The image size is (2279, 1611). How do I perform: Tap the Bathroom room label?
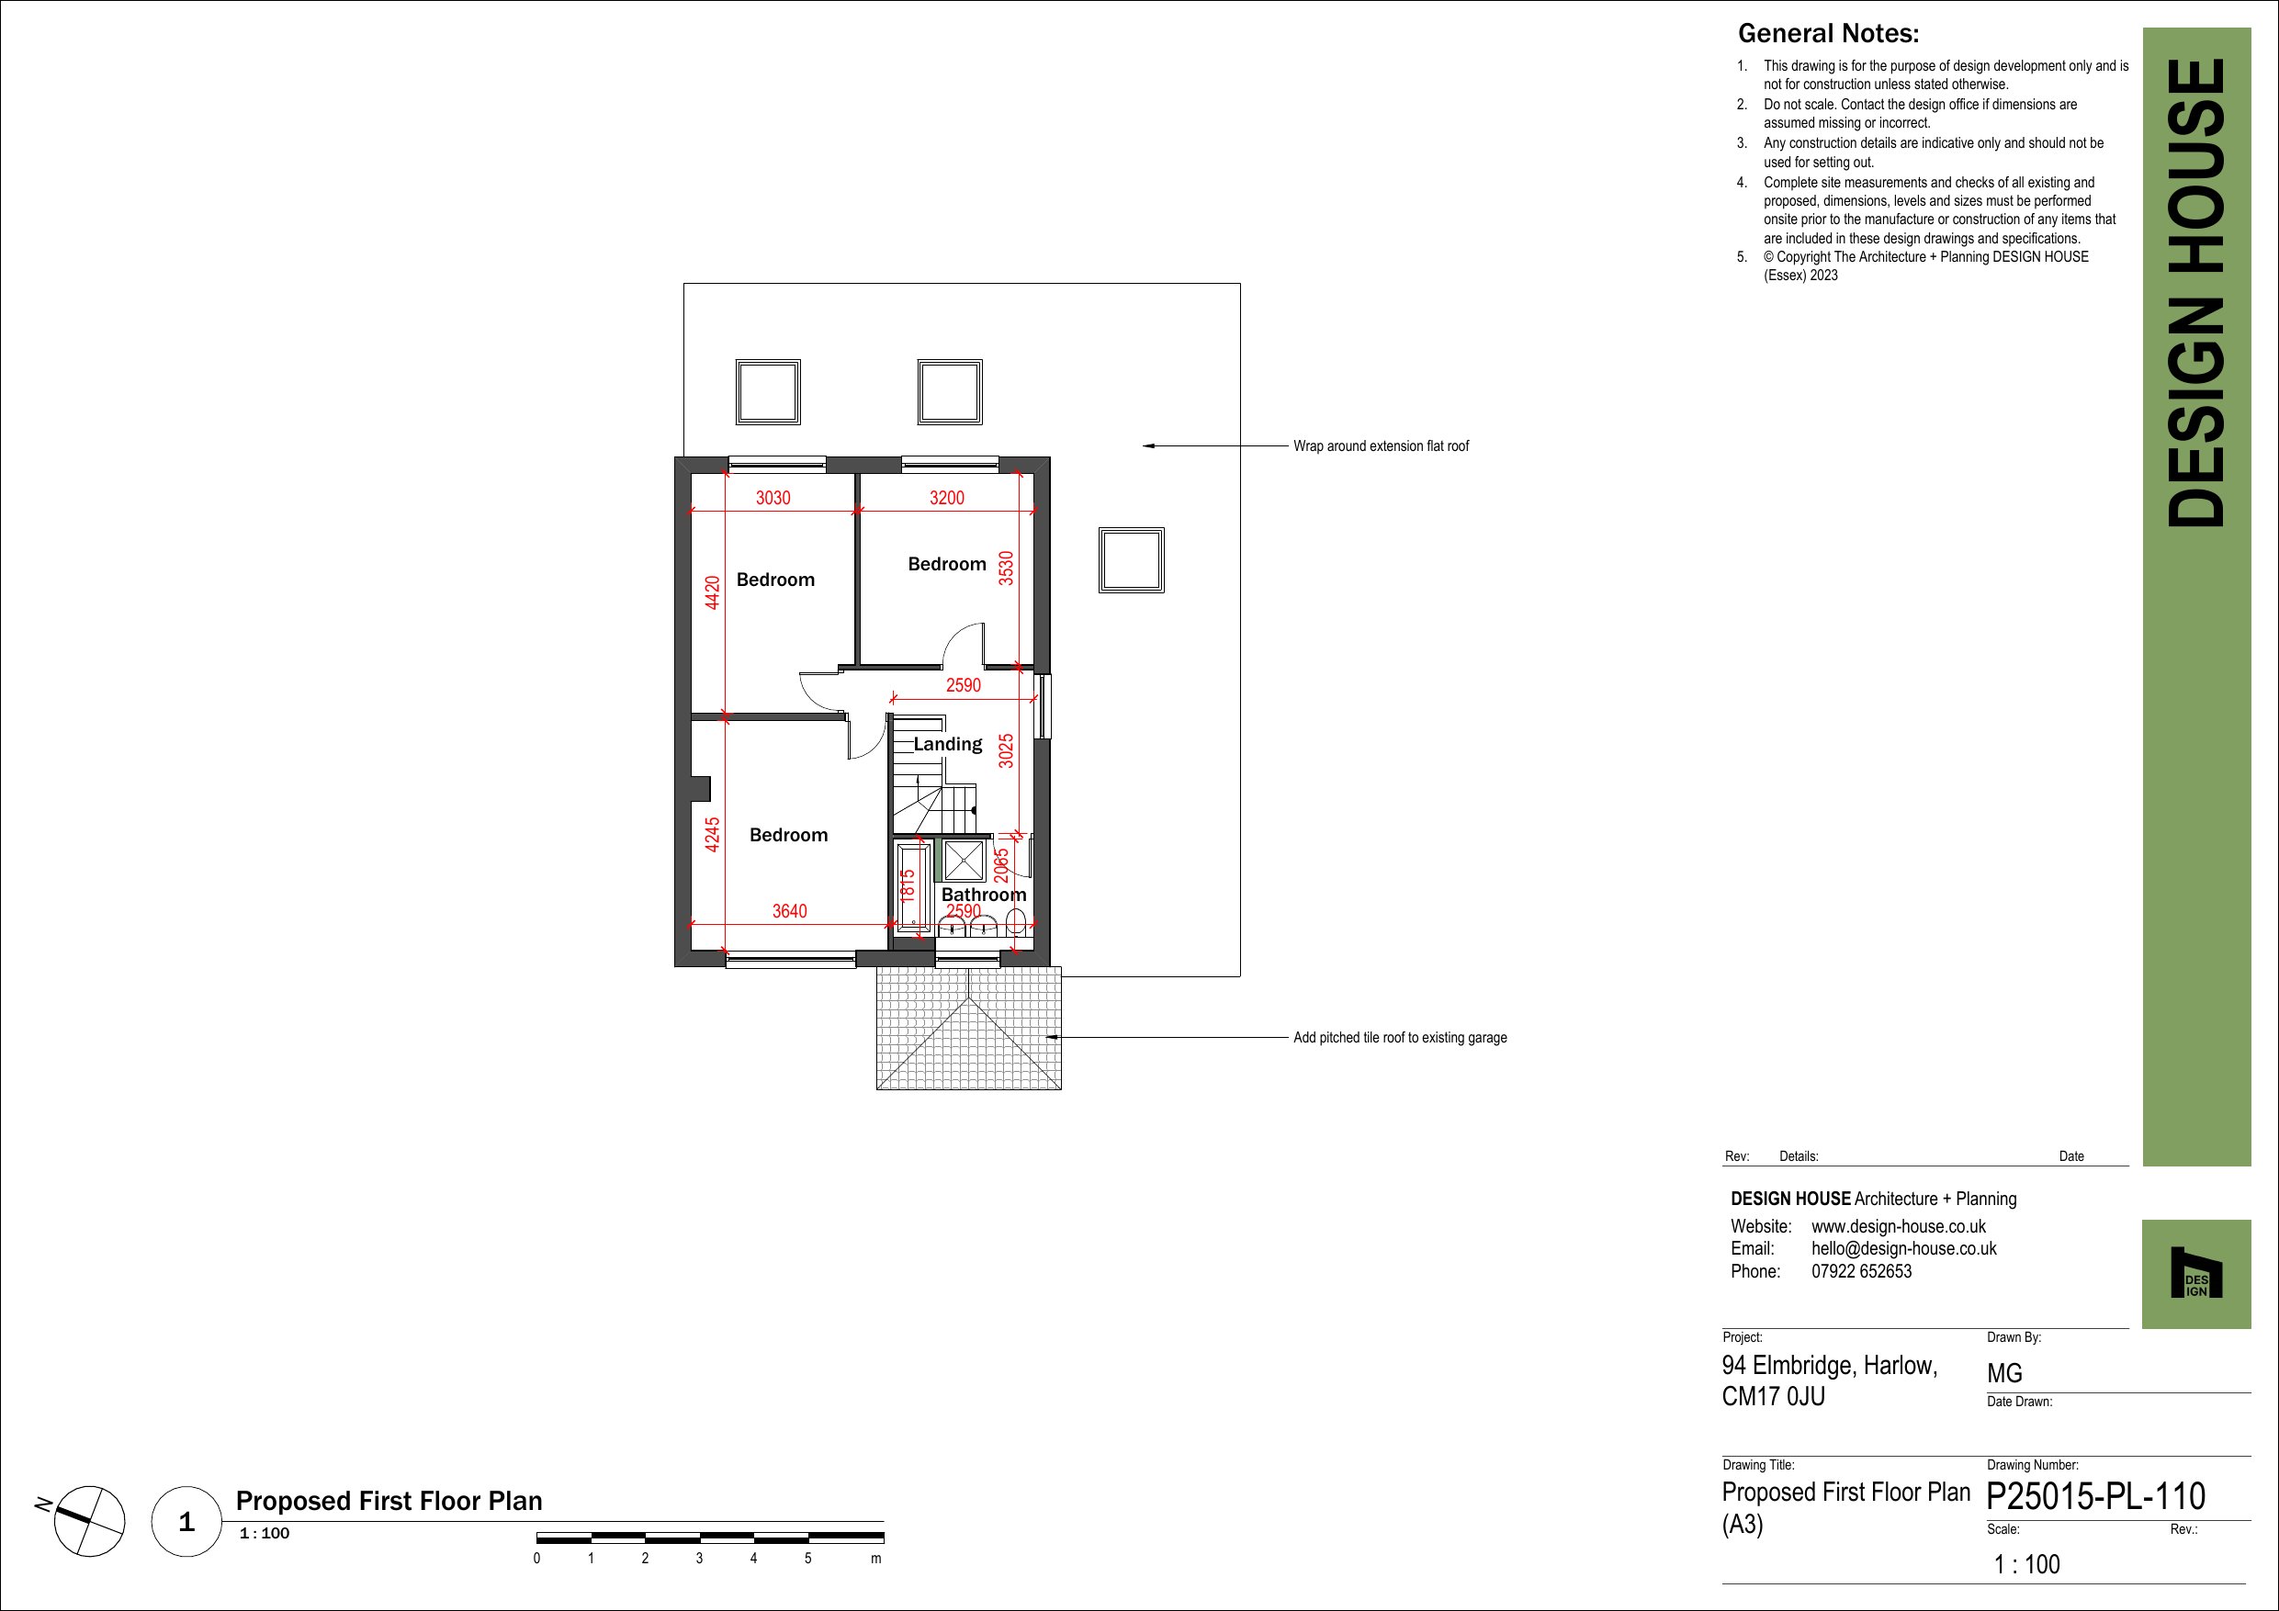pyautogui.click(x=984, y=895)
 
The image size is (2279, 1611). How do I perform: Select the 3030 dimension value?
pyautogui.click(x=773, y=497)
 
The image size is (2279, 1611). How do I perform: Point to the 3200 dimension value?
pyautogui.click(x=947, y=497)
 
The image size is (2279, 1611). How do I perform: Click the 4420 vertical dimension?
pyautogui.click(x=712, y=592)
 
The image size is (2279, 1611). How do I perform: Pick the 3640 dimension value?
pyautogui.click(x=790, y=911)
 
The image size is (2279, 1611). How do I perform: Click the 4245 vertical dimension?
pyautogui.click(x=712, y=835)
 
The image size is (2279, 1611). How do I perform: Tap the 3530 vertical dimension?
pyautogui.click(x=1007, y=568)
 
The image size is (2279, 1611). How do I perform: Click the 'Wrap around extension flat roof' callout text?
pyautogui.click(x=1381, y=446)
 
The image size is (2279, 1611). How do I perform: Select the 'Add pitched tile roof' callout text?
pyautogui.click(x=1400, y=1037)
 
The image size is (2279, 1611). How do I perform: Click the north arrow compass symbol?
pyautogui.click(x=88, y=1521)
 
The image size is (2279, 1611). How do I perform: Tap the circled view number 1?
pyautogui.click(x=186, y=1522)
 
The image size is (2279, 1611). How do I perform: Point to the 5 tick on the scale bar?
pyautogui.click(x=808, y=1559)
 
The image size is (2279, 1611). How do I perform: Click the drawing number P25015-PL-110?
pyautogui.click(x=2095, y=1497)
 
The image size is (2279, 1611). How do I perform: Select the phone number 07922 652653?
pyautogui.click(x=1861, y=1271)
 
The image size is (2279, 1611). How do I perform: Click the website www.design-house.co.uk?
pyautogui.click(x=1899, y=1227)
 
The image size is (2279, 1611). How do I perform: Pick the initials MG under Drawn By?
pyautogui.click(x=2004, y=1374)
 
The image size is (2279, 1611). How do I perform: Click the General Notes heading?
pyautogui.click(x=1828, y=34)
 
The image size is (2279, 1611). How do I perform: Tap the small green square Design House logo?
pyautogui.click(x=2195, y=1274)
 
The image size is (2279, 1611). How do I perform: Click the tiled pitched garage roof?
pyautogui.click(x=969, y=1029)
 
